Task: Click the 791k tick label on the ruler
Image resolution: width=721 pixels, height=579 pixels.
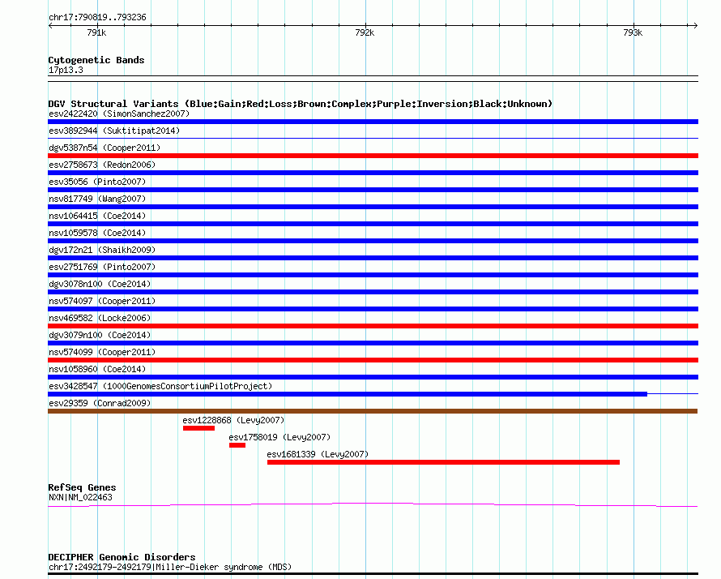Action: tap(96, 33)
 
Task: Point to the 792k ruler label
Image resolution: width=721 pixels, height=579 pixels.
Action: tap(365, 33)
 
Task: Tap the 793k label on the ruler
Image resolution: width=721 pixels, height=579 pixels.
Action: tap(633, 33)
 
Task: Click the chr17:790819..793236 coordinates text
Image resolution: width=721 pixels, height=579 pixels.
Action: tap(97, 17)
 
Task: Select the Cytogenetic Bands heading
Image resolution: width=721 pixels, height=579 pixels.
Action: tap(96, 60)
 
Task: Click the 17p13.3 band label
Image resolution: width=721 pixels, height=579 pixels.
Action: tap(66, 70)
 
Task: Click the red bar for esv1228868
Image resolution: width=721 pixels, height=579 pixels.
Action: tap(198, 428)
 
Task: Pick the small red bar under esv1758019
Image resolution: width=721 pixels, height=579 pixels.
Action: tap(237, 445)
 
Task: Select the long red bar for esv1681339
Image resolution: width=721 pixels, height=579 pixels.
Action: tap(443, 462)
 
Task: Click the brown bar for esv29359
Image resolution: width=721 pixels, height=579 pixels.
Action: tap(373, 411)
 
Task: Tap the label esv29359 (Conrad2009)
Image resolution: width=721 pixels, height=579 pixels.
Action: tap(100, 403)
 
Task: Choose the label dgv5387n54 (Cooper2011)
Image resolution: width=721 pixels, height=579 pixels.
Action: tap(105, 148)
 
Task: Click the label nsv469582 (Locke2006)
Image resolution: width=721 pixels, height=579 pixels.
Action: tap(100, 318)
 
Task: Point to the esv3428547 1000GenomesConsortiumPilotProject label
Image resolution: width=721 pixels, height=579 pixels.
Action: tap(160, 386)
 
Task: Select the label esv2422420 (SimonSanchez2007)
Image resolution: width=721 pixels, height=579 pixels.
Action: tap(119, 114)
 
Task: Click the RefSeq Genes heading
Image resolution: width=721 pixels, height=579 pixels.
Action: tap(82, 487)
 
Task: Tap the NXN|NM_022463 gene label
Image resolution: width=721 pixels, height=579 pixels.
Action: tap(80, 497)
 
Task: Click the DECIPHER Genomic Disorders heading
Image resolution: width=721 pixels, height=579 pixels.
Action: tap(122, 557)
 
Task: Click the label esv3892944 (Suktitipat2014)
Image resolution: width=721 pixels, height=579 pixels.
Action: tap(114, 131)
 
